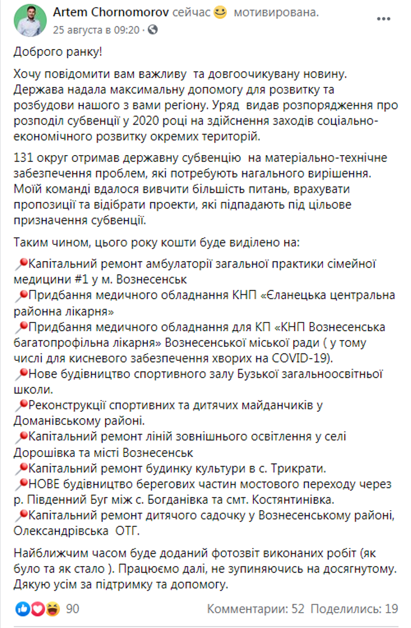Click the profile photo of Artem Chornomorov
pos(30,21)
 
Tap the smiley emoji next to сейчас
pos(220,13)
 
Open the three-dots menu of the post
pos(383,19)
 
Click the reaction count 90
pos(73,609)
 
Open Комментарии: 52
pos(256,609)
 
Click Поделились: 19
pos(354,609)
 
